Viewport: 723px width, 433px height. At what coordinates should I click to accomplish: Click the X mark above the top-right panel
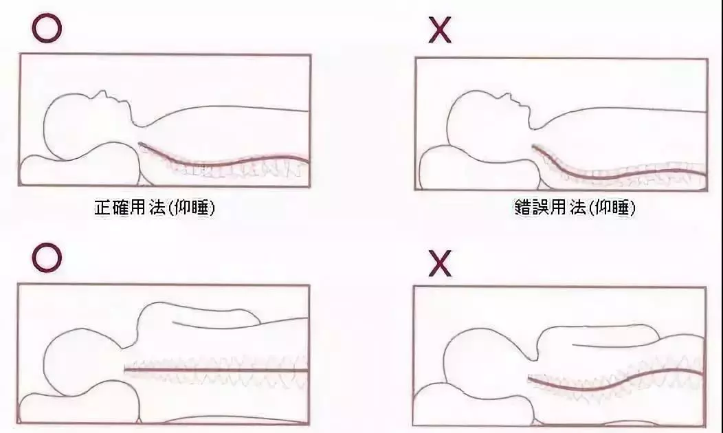click(x=440, y=31)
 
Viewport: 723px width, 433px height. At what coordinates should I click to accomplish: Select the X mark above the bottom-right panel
click(x=440, y=264)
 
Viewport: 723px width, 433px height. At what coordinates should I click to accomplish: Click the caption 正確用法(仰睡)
click(x=155, y=208)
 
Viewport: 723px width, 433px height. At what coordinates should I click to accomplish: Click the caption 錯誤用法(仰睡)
click(x=575, y=208)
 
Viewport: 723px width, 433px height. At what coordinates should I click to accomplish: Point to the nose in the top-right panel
click(x=505, y=96)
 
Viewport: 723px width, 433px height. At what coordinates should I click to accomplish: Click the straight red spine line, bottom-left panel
click(x=216, y=370)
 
